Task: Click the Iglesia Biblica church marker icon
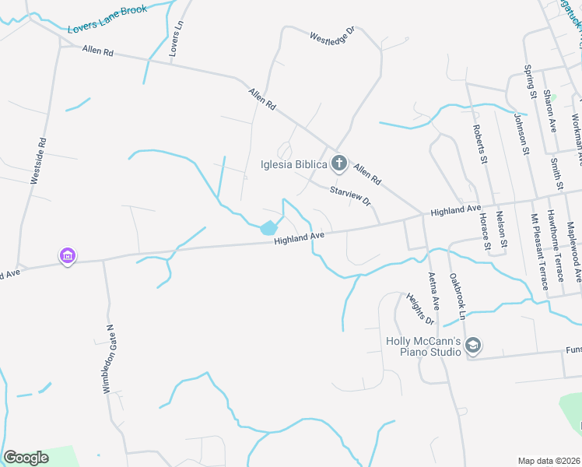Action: pos(338,163)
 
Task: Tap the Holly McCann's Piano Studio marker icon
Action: pos(474,345)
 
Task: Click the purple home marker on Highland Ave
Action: pos(68,255)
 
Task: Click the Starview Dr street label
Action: pos(350,195)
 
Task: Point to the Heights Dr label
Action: pos(419,308)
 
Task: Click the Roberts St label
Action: pos(479,144)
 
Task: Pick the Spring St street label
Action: pos(531,82)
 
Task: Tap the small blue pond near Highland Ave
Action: pos(268,228)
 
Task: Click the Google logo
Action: pos(26,458)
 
